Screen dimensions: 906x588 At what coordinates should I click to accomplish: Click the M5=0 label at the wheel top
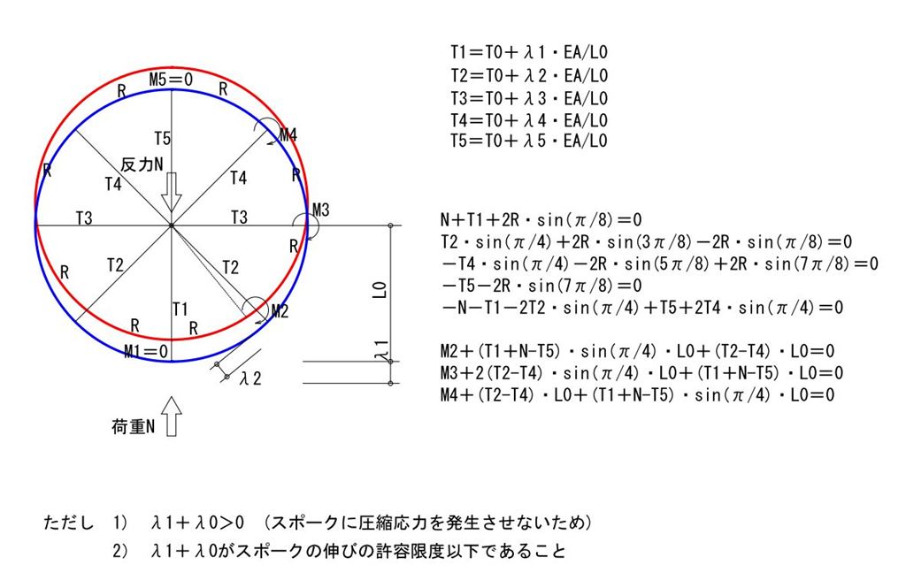point(171,79)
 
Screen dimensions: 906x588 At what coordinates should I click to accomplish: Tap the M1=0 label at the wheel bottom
point(146,351)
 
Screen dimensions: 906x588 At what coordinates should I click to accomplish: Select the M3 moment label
point(321,210)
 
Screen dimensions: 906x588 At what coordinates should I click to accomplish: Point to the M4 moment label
point(288,135)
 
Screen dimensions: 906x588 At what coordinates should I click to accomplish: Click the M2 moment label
point(280,312)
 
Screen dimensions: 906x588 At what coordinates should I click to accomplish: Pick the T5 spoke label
point(163,139)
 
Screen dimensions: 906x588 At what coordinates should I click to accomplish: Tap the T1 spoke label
point(180,309)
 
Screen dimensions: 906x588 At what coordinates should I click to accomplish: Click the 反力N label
point(142,164)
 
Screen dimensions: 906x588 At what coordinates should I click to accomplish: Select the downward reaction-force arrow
point(171,193)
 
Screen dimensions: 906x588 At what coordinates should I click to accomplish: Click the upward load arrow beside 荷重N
point(172,416)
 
